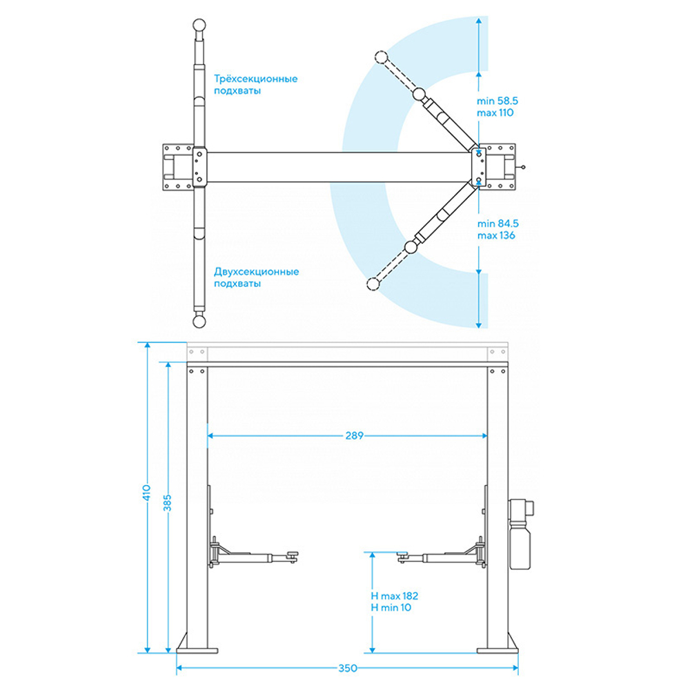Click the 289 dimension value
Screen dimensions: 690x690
[354, 435]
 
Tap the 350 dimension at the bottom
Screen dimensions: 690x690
[348, 668]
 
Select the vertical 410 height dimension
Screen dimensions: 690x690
[146, 493]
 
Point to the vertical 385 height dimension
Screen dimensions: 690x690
[167, 503]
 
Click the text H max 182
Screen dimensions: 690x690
[394, 596]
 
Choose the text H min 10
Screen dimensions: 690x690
[391, 608]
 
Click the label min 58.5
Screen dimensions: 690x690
[497, 101]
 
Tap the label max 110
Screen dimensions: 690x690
[495, 112]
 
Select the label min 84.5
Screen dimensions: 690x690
[497, 224]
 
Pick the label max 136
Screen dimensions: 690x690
[496, 235]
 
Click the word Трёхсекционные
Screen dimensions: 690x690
[256, 79]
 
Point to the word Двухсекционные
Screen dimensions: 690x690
[256, 271]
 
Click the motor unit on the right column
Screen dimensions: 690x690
[520, 533]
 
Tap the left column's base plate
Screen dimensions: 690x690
[197, 651]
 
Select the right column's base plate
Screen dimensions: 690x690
[497, 651]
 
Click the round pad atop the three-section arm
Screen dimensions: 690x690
[199, 25]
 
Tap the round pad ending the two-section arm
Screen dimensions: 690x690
[199, 322]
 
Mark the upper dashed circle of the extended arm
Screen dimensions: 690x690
[381, 57]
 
